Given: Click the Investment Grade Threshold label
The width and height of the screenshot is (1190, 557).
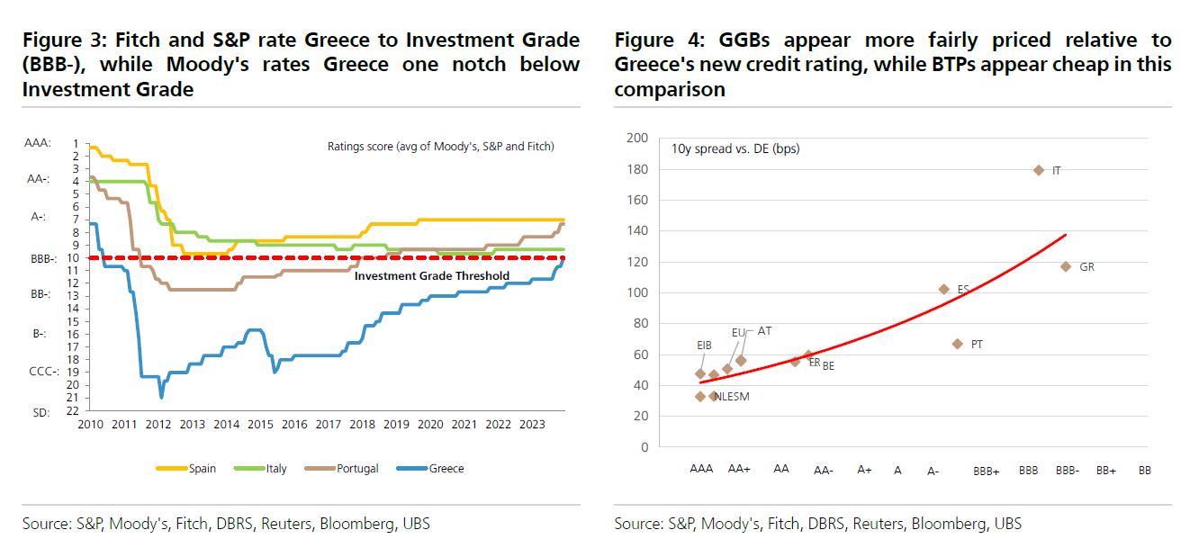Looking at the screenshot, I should tap(432, 276).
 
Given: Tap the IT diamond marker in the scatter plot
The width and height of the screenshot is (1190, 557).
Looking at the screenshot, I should tap(1039, 170).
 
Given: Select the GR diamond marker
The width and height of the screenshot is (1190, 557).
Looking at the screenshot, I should tap(1066, 266).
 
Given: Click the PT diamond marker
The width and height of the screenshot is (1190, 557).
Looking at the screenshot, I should tap(958, 344).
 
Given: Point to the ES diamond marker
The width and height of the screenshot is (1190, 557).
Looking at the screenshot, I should tap(943, 289).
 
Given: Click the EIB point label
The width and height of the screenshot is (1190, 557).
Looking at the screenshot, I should tap(705, 345).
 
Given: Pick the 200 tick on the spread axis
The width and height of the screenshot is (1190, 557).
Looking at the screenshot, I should tap(638, 138).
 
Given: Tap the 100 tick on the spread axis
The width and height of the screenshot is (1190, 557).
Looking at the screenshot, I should tap(638, 292).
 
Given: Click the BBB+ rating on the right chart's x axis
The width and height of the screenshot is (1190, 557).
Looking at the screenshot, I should tap(986, 471).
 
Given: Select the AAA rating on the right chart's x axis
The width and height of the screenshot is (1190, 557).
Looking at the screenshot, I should tap(701, 469).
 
